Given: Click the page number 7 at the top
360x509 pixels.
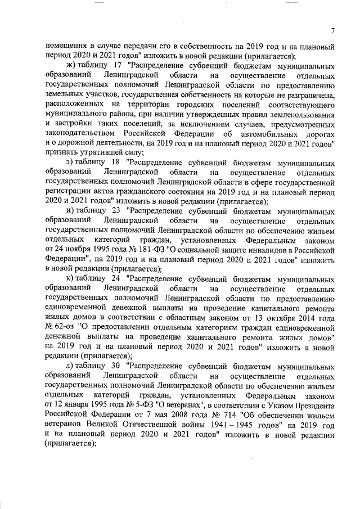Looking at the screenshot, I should tap(332, 30).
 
